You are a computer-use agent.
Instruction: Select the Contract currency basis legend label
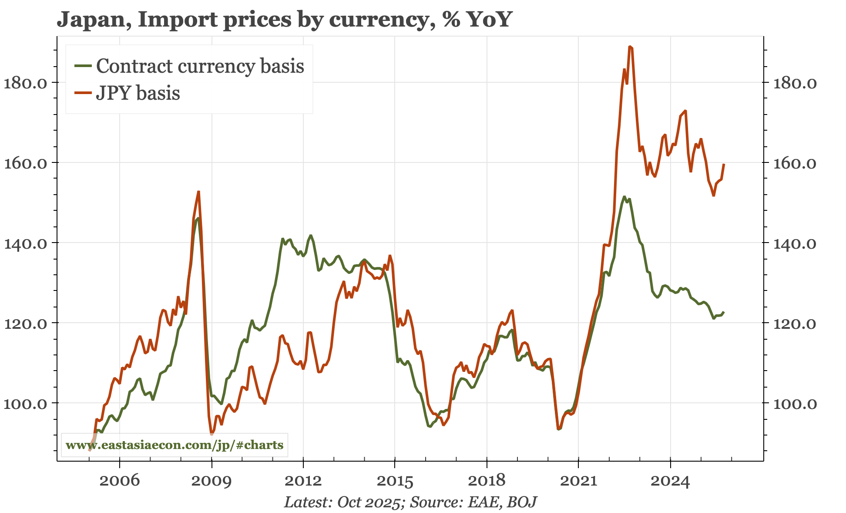coord(200,66)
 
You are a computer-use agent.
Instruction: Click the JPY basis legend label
coord(138,93)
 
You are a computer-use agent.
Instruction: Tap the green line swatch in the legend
coord(83,66)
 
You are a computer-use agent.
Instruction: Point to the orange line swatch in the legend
coord(83,93)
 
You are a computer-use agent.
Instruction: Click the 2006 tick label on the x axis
coord(120,481)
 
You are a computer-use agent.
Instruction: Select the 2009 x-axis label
coord(212,481)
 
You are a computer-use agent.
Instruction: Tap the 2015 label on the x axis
coord(395,481)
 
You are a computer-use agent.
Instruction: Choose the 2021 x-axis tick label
coord(578,481)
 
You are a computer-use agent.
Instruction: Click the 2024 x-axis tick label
coord(670,481)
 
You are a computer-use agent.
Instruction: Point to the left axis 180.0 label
coord(25,83)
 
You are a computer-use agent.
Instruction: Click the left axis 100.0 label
coord(25,403)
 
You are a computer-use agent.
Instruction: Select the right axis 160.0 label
coord(795,163)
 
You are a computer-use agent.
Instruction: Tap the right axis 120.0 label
coord(795,324)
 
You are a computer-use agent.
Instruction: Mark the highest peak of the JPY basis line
coord(630,46)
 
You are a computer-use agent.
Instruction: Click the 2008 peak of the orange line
coord(198,192)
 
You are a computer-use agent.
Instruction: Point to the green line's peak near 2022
coord(624,196)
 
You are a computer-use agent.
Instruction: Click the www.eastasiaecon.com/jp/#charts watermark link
coord(174,445)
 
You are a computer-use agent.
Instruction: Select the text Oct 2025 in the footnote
coord(369,502)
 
